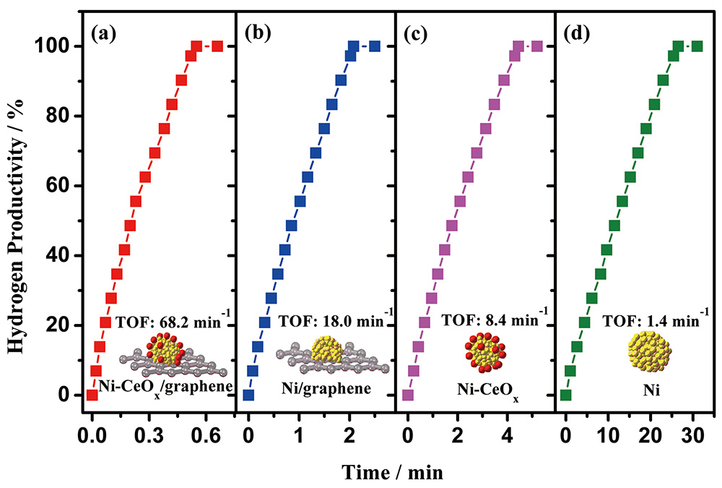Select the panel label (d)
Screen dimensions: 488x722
583,33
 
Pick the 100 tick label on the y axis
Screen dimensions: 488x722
58,46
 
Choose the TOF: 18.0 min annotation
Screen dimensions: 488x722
329,319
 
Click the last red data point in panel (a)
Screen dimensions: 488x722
217,46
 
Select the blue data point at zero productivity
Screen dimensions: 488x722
248,395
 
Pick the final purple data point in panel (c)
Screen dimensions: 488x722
536,46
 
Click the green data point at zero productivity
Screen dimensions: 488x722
566,395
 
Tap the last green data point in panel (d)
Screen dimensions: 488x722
697,46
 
